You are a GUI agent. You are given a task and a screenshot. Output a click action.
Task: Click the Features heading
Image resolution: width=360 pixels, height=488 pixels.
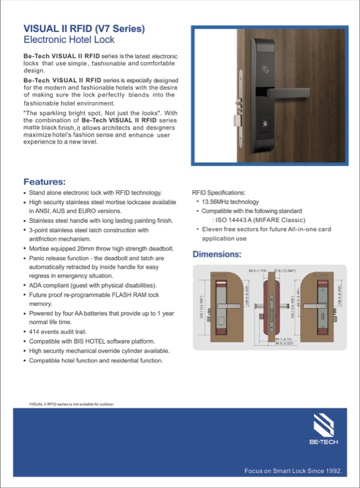click(44, 181)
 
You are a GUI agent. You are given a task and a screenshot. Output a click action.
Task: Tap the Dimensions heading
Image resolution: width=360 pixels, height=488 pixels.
click(217, 254)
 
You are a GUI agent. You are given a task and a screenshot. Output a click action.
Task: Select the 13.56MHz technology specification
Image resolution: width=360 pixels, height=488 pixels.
click(230, 202)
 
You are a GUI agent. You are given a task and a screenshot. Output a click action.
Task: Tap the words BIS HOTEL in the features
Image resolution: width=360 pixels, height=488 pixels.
click(95, 341)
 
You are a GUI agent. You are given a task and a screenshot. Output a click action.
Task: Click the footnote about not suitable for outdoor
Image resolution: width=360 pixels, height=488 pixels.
click(71, 403)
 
